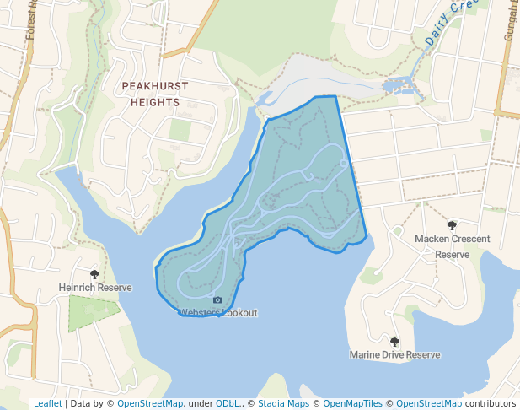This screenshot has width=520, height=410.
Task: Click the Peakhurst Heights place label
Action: [155, 94]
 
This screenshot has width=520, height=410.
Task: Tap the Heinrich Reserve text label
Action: [95, 288]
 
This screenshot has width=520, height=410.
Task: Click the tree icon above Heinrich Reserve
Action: [94, 275]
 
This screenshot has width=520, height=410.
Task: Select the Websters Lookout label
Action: [217, 313]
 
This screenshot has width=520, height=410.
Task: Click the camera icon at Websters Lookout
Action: [217, 300]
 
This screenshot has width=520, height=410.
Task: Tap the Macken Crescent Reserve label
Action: [452, 246]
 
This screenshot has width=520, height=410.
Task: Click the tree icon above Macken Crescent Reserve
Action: [453, 226]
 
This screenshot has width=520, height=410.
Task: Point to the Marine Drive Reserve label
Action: [394, 355]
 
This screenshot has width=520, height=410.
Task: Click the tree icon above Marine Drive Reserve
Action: [394, 342]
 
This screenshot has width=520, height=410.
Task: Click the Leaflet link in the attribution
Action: [47, 403]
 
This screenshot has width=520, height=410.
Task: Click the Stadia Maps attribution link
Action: [283, 403]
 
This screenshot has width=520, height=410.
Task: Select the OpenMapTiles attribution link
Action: [352, 403]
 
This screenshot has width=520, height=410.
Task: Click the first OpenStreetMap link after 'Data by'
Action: [149, 403]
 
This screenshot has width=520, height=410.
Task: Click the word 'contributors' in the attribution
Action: [491, 403]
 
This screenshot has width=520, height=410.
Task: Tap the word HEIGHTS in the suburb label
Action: [155, 102]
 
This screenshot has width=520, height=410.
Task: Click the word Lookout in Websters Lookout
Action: [239, 313]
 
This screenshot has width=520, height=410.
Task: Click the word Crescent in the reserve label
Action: [469, 239]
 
